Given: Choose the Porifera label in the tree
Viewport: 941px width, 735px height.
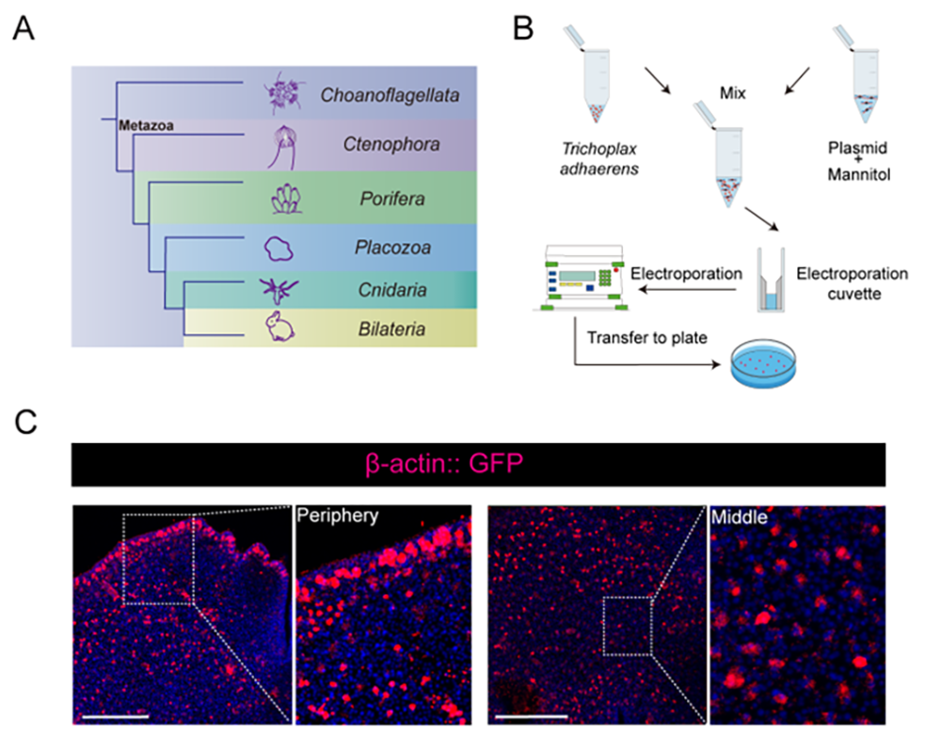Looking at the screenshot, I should (x=391, y=199).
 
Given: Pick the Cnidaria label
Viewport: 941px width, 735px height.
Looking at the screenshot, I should (x=391, y=288).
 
